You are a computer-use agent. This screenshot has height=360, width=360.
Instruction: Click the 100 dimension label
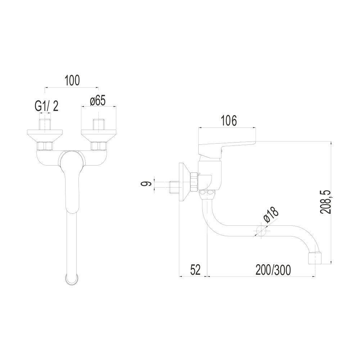[72, 80]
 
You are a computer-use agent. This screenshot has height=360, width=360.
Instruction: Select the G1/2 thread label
[46, 106]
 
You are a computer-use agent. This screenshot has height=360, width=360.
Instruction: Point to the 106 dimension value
[229, 121]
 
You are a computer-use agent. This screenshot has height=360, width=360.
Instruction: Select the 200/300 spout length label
[273, 269]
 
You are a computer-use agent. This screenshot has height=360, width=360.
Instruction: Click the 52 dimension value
[195, 269]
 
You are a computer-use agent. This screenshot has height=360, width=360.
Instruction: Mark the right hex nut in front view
[99, 146]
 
